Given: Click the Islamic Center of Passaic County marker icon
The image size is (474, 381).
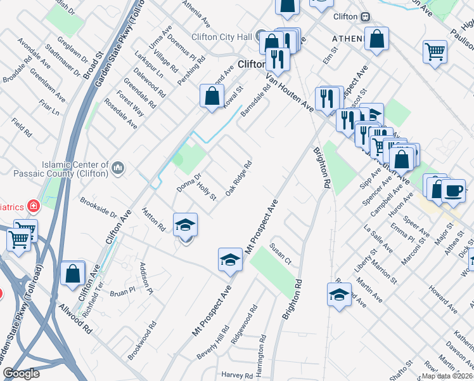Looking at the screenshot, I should (x=118, y=168).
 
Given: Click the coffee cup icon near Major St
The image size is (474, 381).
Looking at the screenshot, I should (x=452, y=190).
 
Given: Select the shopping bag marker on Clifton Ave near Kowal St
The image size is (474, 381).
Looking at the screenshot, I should (x=212, y=97).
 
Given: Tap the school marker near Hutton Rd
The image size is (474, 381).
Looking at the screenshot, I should (x=185, y=225).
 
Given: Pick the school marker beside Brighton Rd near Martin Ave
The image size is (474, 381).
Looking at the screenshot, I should (x=339, y=295).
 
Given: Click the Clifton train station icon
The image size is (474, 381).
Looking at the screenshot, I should (x=366, y=17).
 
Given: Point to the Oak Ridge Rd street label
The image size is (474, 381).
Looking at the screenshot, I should (x=239, y=177).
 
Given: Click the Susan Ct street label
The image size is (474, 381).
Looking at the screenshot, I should (x=279, y=253).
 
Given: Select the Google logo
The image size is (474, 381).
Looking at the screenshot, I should (x=21, y=373).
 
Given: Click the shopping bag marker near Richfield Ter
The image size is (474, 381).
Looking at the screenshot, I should (x=73, y=274).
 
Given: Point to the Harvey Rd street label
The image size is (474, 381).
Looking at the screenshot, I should (x=238, y=375).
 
